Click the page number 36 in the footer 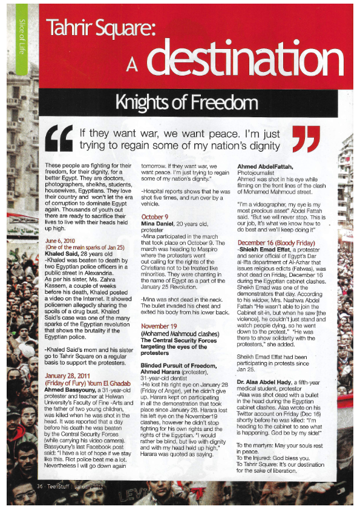point(39,485)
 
